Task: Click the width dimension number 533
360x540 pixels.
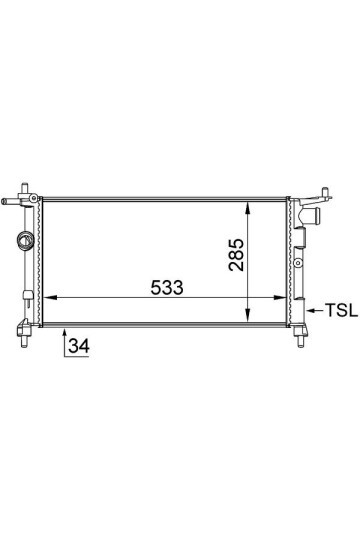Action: click(167, 288)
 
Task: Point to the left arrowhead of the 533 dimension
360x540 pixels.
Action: click(53, 297)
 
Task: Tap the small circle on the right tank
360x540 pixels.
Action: click(300, 264)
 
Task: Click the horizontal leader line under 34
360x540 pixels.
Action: click(79, 355)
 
